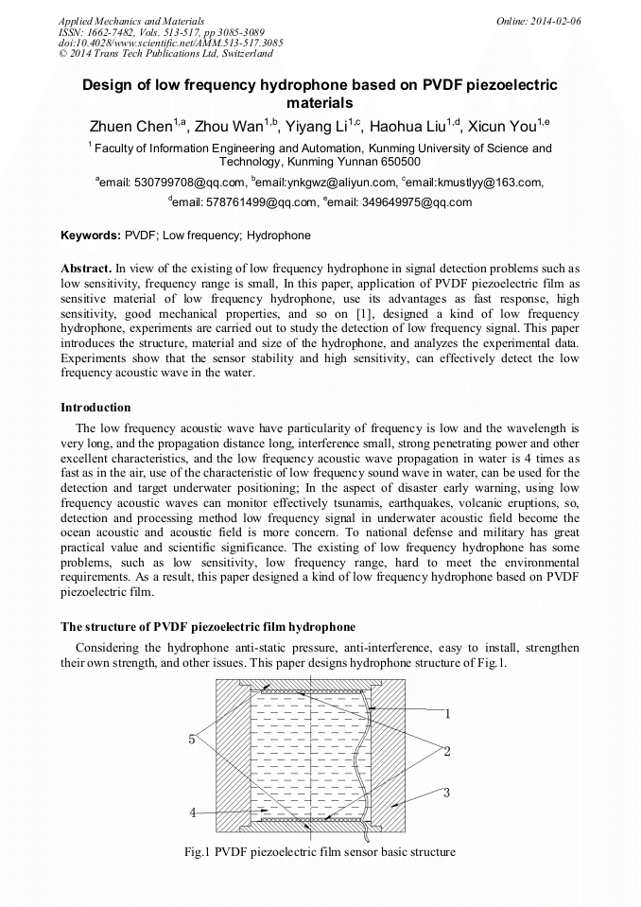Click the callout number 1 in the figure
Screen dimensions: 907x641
click(x=447, y=714)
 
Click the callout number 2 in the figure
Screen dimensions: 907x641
click(x=447, y=751)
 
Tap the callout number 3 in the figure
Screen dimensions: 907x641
click(x=447, y=792)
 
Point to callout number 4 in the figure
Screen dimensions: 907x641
click(x=193, y=812)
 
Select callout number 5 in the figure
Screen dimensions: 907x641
click(x=192, y=739)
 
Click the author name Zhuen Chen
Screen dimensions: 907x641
click(x=130, y=126)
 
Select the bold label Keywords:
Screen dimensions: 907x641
click(x=91, y=235)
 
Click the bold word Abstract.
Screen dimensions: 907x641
click(x=86, y=269)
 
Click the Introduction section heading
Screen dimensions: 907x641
click(x=95, y=408)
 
